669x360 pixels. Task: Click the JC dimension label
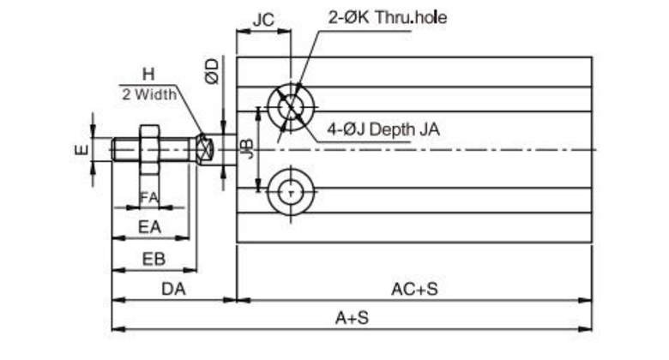(x=263, y=20)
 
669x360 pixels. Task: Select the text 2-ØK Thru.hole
(x=388, y=17)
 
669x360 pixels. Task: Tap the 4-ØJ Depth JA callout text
(x=383, y=129)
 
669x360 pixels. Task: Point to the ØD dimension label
(x=213, y=71)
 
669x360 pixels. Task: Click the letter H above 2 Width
(x=148, y=75)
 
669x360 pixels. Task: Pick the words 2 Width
(x=149, y=94)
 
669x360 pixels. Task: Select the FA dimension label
(x=149, y=197)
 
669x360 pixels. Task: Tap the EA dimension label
(x=150, y=227)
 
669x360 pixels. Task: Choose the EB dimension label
(x=154, y=259)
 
